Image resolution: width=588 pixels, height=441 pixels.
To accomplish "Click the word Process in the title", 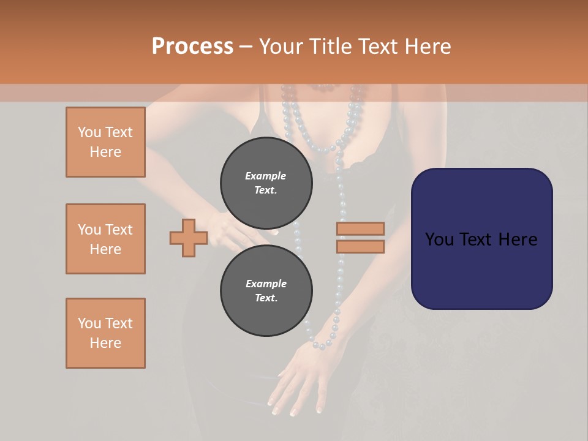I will [x=192, y=47].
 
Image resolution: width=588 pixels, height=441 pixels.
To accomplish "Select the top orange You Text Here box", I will [x=105, y=142].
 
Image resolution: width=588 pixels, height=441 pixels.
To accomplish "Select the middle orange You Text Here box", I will [x=105, y=239].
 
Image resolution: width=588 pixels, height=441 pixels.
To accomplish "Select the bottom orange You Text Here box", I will [x=105, y=333].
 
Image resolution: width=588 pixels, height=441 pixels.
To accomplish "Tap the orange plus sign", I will [x=189, y=238].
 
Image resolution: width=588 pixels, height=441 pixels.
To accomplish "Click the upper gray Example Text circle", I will [x=266, y=183].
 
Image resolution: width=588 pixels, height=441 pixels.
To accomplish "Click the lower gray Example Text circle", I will [x=266, y=290].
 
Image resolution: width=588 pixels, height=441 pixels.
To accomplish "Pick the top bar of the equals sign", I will [x=360, y=228].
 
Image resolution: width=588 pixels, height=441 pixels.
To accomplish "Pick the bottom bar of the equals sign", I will [x=360, y=247].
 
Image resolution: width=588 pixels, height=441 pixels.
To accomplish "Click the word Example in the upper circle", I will [x=265, y=176].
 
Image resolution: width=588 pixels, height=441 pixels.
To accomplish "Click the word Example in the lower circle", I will [x=266, y=284].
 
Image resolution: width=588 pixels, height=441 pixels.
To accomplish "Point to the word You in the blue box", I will [x=439, y=239].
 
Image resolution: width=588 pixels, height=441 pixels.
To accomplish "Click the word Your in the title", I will [x=281, y=47].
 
